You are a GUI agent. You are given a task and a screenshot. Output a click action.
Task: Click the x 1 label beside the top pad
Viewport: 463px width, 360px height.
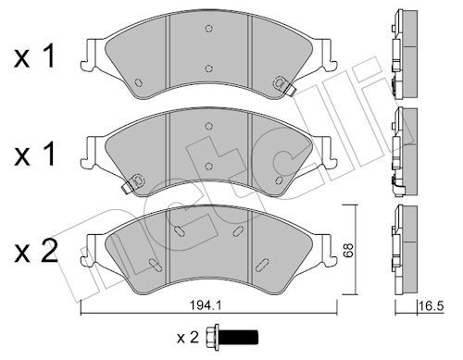point(34,57)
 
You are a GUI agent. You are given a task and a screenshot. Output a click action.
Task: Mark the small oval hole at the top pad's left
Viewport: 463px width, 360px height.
point(138,82)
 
